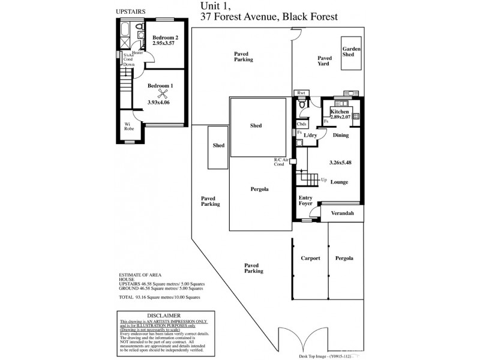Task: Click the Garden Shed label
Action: coord(350,52)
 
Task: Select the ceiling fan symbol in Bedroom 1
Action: coord(161,94)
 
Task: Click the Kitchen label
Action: coord(339,112)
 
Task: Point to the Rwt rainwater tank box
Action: coord(301,93)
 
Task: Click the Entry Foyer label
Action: coord(307,200)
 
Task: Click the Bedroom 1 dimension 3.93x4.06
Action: coord(159,103)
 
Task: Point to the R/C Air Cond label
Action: coord(282,163)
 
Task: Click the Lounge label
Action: coord(339,182)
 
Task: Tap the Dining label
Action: coord(341,136)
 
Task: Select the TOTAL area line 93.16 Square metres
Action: coord(159,297)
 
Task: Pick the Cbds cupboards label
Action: coord(302,124)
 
